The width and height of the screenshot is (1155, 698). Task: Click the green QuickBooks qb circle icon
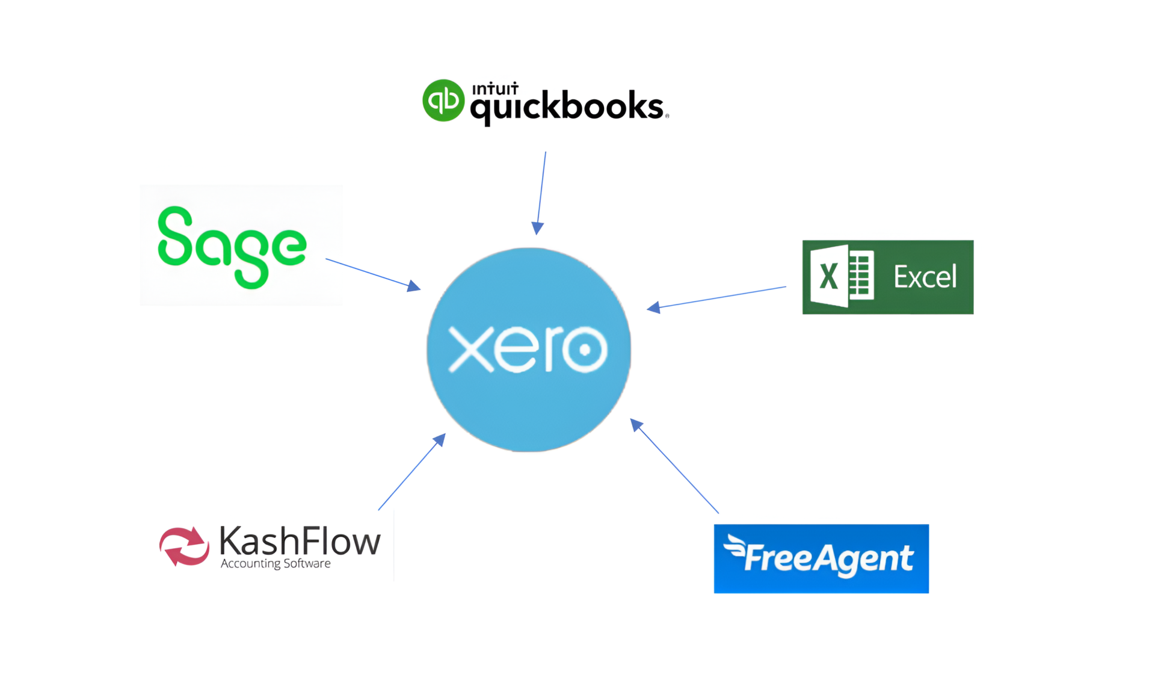[x=443, y=100]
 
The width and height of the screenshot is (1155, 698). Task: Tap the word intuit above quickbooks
[x=495, y=89]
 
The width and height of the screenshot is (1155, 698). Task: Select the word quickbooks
[x=567, y=107]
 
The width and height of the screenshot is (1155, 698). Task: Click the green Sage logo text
[x=232, y=246]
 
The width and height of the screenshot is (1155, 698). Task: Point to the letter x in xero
[x=471, y=349]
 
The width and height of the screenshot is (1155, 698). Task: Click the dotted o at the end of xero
[x=584, y=349]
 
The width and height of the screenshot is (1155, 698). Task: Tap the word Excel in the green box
[x=925, y=277]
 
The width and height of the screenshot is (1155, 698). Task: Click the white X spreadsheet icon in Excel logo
[x=842, y=277]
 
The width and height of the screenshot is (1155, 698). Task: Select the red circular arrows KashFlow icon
[x=184, y=546]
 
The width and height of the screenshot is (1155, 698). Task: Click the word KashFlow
[x=300, y=541]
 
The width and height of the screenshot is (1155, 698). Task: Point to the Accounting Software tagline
[x=276, y=564]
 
